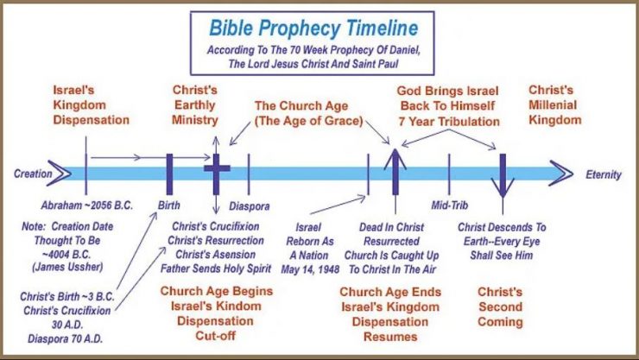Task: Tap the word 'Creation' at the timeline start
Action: (33, 174)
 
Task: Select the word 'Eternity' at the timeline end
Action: (603, 174)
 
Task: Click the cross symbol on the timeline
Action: (216, 168)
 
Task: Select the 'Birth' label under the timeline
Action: (169, 206)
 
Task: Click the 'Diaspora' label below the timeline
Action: (250, 207)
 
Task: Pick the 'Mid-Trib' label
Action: (449, 207)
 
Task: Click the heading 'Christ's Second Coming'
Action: (499, 307)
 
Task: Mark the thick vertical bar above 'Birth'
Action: (169, 172)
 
